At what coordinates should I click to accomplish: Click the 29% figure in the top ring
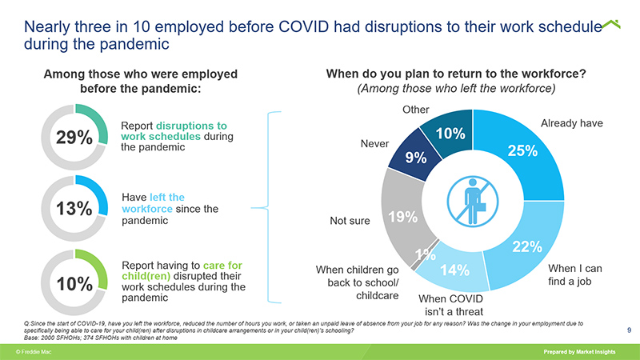pos(75,138)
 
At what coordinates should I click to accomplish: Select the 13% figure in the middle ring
pos(75,209)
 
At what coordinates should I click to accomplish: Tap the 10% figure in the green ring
pos(75,283)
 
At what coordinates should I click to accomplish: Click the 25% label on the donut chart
pos(522,152)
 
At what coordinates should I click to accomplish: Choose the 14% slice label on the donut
pos(454,270)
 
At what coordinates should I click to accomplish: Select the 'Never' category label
pos(375,145)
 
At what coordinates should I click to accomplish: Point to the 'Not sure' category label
pos(350,221)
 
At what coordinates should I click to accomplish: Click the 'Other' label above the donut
pos(414,110)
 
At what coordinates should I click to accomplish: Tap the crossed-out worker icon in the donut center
pos(471,200)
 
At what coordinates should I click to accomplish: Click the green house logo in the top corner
pos(611,26)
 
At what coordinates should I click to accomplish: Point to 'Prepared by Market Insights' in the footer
pos(585,352)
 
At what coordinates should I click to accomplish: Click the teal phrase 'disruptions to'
pos(192,126)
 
